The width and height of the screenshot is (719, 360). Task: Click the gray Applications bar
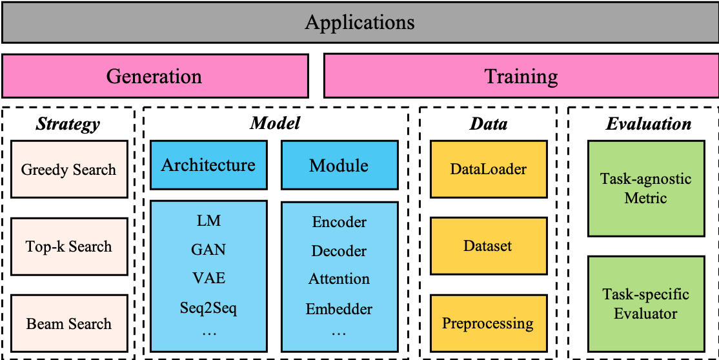click(x=359, y=23)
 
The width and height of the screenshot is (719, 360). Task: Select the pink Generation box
click(x=155, y=76)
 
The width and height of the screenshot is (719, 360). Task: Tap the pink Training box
click(x=521, y=76)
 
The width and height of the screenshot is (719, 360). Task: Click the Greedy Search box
click(x=69, y=170)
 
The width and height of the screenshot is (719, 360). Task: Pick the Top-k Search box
click(x=69, y=246)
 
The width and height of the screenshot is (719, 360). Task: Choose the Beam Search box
click(x=69, y=323)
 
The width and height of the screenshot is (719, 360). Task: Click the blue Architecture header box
click(x=208, y=165)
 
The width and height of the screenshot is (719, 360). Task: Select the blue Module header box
click(x=339, y=165)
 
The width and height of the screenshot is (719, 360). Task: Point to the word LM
click(x=208, y=221)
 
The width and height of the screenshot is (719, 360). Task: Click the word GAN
click(x=208, y=249)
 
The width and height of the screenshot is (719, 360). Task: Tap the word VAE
click(x=208, y=278)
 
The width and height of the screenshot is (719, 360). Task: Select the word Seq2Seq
click(x=208, y=308)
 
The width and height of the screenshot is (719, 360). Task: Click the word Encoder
click(x=339, y=222)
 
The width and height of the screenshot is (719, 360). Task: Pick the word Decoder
click(x=339, y=250)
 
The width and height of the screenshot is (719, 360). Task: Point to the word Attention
click(x=339, y=279)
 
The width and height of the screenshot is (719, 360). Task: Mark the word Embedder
click(x=339, y=309)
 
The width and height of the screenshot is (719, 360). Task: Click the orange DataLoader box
click(x=489, y=169)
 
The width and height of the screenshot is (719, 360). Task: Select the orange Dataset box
click(x=489, y=246)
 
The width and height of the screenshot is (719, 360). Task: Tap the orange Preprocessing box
click(x=489, y=323)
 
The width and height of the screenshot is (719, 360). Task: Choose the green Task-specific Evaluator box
click(x=646, y=304)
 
